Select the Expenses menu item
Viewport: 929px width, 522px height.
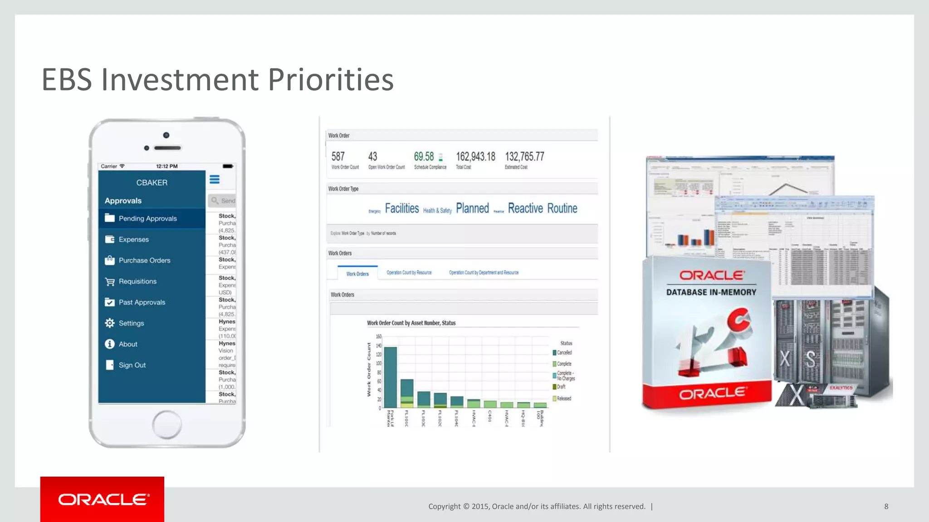point(133,239)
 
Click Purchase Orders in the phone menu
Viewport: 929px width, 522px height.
point(144,261)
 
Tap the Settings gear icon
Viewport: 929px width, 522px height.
point(110,323)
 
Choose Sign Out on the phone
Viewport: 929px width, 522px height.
point(132,365)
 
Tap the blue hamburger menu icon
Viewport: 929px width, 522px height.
point(215,180)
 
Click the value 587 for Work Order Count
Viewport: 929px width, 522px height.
point(338,157)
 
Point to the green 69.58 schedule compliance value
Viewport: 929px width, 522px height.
point(424,157)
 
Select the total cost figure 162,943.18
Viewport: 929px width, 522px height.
point(475,157)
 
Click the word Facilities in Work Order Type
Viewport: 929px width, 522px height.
point(402,208)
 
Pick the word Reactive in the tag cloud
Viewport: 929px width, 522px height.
point(525,208)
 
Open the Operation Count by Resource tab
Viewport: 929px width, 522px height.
point(409,273)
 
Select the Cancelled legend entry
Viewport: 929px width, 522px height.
point(564,353)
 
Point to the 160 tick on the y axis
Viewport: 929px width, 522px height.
point(379,337)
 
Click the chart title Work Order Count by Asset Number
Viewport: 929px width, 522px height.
point(411,323)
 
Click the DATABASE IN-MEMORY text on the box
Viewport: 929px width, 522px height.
point(711,293)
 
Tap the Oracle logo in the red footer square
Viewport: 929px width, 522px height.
point(103,499)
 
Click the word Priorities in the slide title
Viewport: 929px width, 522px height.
point(330,80)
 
